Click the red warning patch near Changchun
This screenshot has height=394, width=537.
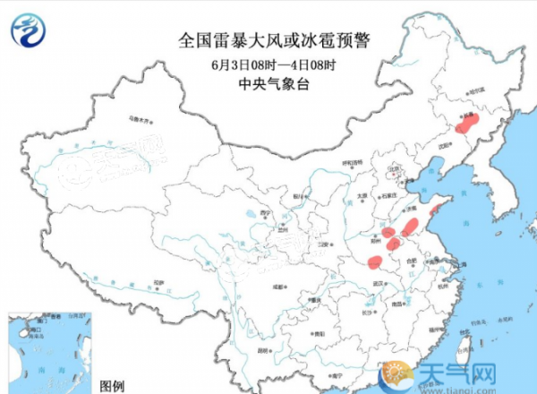coord(466,124)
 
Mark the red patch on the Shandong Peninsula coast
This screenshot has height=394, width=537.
coord(435,210)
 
